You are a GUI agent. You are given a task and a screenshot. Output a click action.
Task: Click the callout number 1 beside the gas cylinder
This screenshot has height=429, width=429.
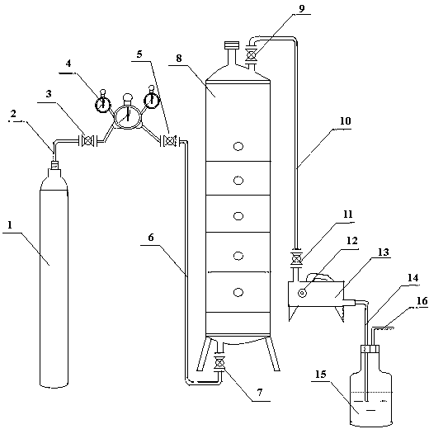(x=10, y=225)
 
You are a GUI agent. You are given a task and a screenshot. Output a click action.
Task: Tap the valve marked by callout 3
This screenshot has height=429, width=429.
(x=88, y=141)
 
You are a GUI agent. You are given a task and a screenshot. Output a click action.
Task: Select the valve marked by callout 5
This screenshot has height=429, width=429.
(x=170, y=141)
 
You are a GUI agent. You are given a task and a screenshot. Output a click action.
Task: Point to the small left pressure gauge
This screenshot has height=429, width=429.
(x=102, y=104)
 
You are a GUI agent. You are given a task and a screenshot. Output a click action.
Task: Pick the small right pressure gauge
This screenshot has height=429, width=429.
(x=152, y=101)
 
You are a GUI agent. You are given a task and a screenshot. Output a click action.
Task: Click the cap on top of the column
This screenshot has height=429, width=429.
(x=232, y=45)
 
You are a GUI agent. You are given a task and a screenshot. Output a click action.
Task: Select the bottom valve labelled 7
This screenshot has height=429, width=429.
(x=219, y=363)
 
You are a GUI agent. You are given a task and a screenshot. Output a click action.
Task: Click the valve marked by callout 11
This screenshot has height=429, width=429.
(x=296, y=258)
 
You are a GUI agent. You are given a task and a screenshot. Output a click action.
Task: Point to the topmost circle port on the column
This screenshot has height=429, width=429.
(x=238, y=146)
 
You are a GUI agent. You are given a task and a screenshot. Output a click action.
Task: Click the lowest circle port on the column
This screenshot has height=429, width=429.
(x=238, y=292)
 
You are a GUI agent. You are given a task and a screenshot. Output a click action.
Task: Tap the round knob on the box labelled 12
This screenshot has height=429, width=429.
(x=302, y=294)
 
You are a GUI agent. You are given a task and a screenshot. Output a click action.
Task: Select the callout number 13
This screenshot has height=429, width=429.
(x=383, y=252)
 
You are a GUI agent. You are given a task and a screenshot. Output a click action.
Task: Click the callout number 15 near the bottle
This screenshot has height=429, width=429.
(x=320, y=375)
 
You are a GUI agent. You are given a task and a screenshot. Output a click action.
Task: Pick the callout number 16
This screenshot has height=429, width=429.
(x=422, y=301)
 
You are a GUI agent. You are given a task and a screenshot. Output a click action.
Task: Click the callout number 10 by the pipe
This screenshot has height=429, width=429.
(x=346, y=121)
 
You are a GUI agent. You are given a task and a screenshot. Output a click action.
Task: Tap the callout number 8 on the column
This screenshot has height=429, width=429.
(x=179, y=59)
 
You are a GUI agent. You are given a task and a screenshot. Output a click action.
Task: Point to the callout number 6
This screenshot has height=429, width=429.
(x=151, y=238)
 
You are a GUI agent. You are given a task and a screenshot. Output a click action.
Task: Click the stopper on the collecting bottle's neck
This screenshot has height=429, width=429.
(x=370, y=349)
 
